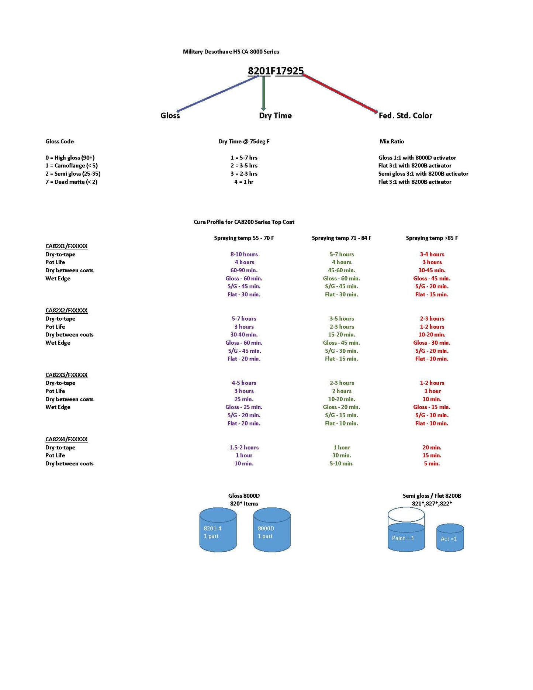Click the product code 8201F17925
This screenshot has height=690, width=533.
click(276, 71)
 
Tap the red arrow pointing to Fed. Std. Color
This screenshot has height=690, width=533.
click(340, 93)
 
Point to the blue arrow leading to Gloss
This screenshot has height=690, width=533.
click(218, 93)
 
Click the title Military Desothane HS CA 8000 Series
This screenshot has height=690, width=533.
click(231, 52)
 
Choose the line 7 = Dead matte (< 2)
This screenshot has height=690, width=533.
click(71, 182)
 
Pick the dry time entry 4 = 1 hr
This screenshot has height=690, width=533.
click(244, 182)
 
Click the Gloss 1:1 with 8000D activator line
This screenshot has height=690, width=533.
click(417, 158)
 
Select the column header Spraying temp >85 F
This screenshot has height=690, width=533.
click(432, 238)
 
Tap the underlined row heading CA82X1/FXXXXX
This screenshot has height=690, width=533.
click(66, 246)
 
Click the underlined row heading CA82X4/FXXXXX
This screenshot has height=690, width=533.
click(66, 439)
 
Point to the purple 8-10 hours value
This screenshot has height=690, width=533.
click(244, 254)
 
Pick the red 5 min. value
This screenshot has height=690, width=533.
click(432, 463)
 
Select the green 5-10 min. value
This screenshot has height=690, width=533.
click(342, 463)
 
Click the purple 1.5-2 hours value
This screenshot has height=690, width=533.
click(244, 448)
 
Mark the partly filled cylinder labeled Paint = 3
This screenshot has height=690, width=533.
click(406, 531)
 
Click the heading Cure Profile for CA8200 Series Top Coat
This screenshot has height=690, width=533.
click(244, 222)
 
